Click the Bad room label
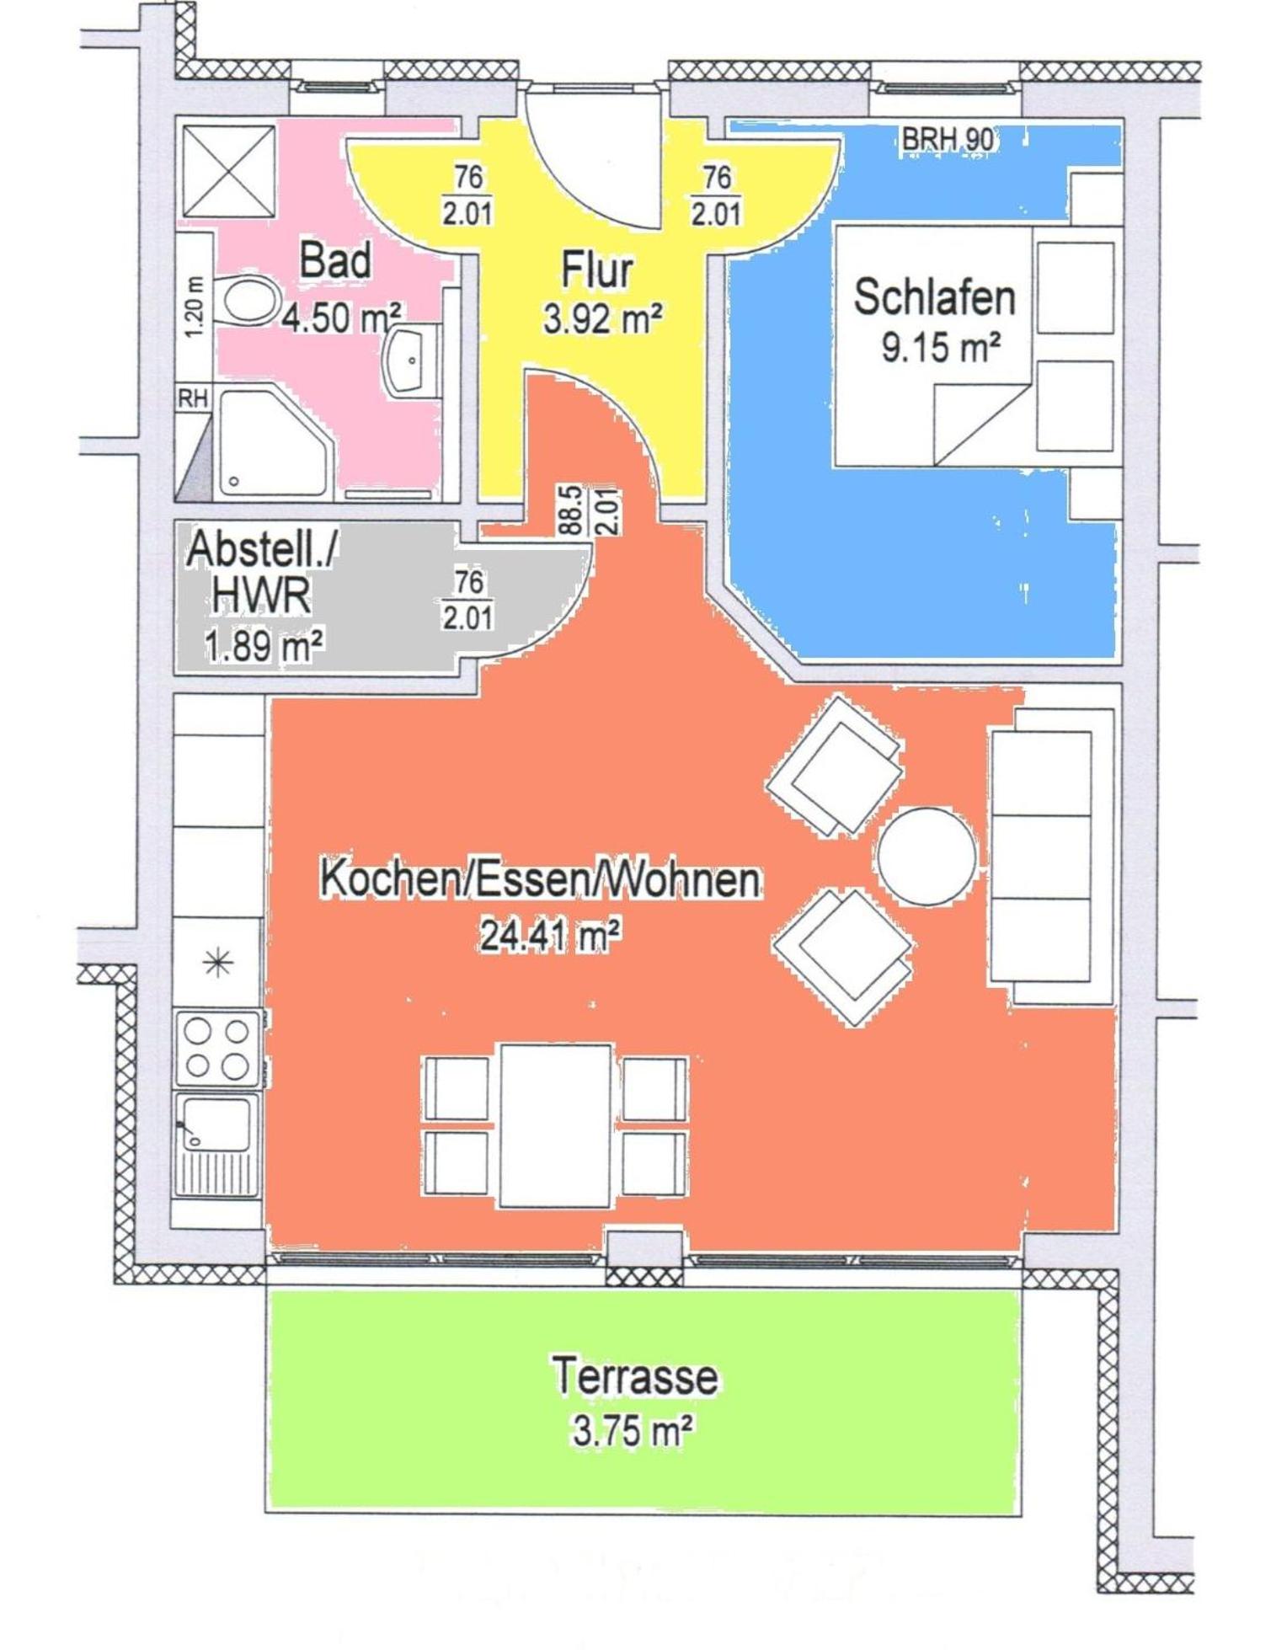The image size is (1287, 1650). [335, 259]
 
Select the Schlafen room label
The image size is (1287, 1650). [934, 297]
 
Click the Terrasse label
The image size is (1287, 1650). [635, 1376]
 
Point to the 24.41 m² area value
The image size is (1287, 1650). [551, 935]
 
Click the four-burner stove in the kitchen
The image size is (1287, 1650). [217, 1049]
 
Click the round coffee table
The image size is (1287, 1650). [927, 857]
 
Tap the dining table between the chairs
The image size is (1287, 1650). [556, 1125]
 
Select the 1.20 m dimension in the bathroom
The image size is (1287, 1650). [195, 307]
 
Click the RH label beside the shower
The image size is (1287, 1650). [193, 398]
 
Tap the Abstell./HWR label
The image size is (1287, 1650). [261, 573]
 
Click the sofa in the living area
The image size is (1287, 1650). [1053, 857]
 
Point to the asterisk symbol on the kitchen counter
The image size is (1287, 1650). [218, 962]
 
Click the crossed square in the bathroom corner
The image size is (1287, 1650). [228, 171]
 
